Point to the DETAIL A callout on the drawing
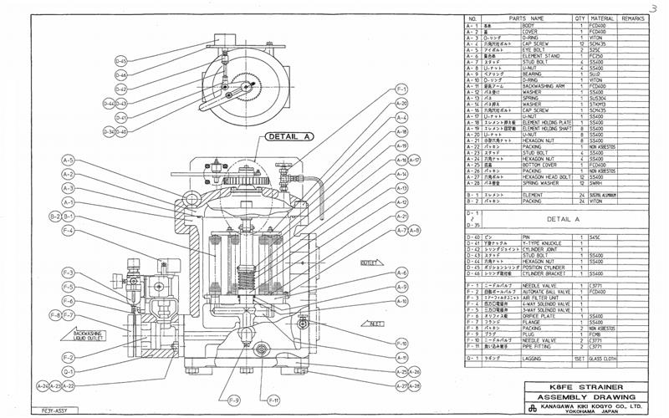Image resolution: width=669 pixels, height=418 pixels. click(x=289, y=135)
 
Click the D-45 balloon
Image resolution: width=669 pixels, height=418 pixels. click(x=121, y=61)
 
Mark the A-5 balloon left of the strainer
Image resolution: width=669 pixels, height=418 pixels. click(x=68, y=161)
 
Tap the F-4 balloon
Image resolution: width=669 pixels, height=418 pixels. click(x=68, y=230)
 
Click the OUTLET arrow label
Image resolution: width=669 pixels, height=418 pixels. click(x=369, y=263)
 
